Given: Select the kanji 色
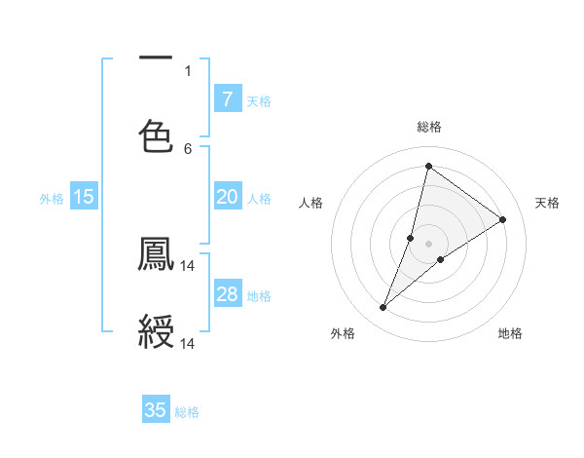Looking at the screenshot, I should (x=156, y=134).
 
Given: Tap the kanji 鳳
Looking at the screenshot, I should (x=156, y=255).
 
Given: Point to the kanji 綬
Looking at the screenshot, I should (x=156, y=331).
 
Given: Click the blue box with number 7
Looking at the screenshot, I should (x=228, y=99).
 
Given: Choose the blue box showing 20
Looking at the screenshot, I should (x=228, y=197).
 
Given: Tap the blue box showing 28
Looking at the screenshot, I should (x=228, y=294).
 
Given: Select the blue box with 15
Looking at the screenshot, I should (x=84, y=197).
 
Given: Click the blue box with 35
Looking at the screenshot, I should (x=156, y=410).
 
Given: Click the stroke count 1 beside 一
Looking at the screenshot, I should (x=188, y=70).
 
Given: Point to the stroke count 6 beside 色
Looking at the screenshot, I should (x=188, y=148).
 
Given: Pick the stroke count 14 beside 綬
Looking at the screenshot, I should (x=188, y=343).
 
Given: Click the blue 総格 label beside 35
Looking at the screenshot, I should (x=187, y=412).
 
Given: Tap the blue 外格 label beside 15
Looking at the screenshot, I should (x=52, y=199).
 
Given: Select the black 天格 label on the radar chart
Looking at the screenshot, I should (x=547, y=203).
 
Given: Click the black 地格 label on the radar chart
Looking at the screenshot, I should (x=510, y=334).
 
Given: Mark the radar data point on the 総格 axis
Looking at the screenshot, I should (x=428, y=166).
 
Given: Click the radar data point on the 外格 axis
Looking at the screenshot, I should (x=383, y=308).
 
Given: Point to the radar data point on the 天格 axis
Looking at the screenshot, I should (x=502, y=219).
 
